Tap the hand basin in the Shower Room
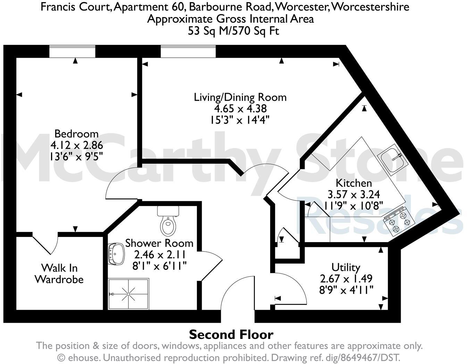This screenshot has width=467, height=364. [x=116, y=254]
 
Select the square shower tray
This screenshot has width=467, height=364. [x=128, y=294]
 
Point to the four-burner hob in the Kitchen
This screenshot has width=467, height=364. [x=399, y=221]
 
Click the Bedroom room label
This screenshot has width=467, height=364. [x=76, y=134]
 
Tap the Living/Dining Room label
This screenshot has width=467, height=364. [x=240, y=97]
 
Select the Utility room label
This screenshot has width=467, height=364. [x=345, y=267]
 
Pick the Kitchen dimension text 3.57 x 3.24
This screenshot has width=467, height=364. [x=354, y=194]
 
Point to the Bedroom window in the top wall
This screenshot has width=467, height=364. [x=72, y=52]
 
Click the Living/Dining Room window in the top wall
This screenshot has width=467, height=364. [x=188, y=52]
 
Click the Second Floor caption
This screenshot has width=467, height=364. [x=231, y=335]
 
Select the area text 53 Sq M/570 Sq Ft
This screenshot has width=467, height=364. [x=233, y=31]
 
